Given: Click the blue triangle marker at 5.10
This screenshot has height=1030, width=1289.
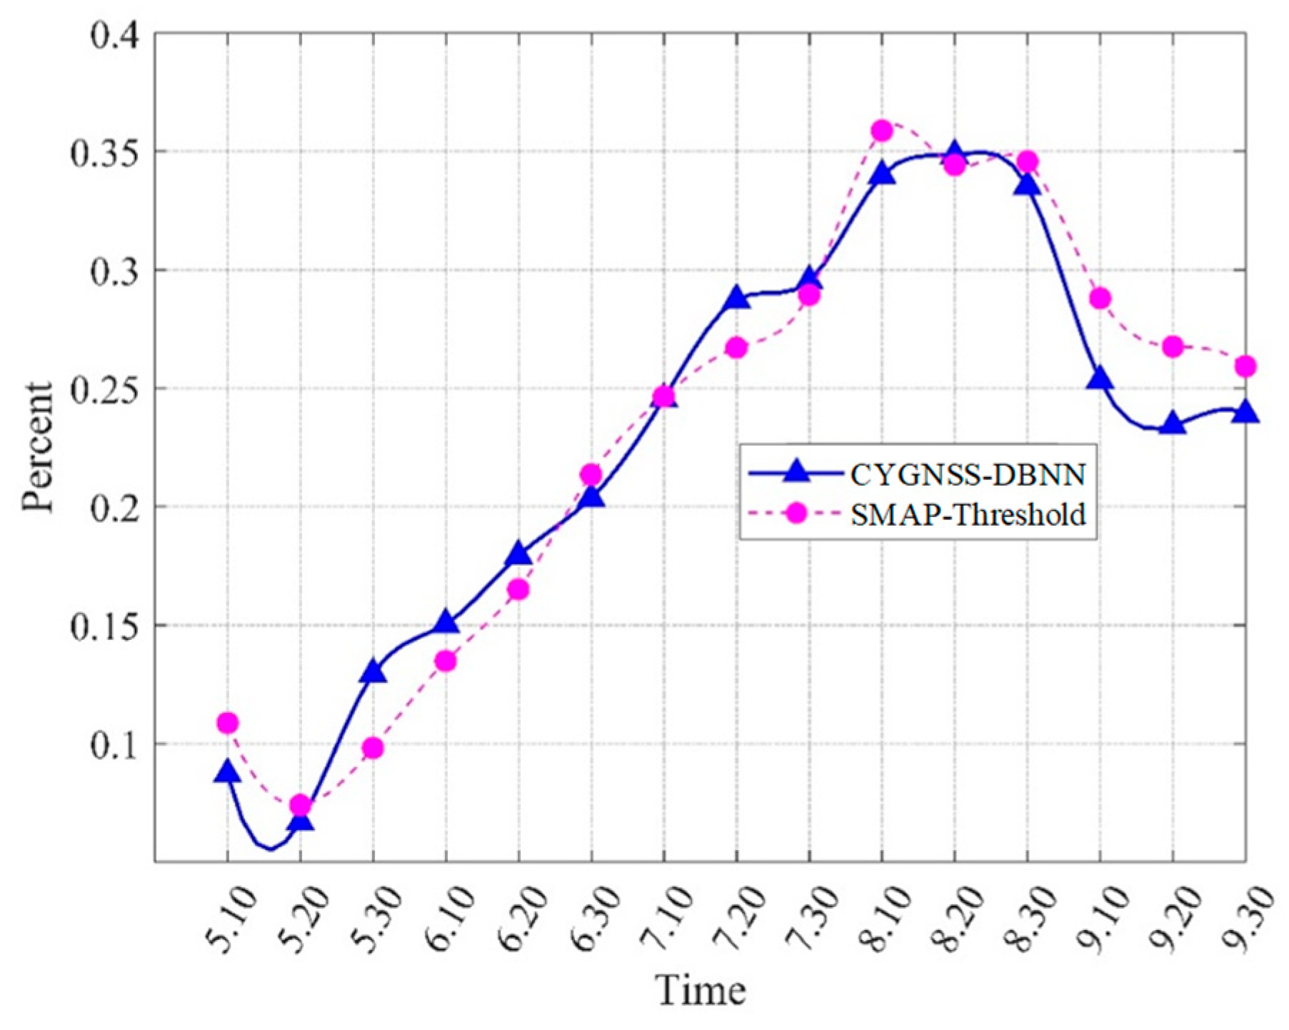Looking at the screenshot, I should [227, 771].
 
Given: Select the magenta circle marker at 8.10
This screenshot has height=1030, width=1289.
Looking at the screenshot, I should [882, 131].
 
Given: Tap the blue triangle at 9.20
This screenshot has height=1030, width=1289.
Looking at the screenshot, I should [1173, 424].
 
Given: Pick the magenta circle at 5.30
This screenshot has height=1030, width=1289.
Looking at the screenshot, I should [373, 749].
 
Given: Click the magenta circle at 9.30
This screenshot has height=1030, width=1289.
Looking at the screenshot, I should [1245, 366].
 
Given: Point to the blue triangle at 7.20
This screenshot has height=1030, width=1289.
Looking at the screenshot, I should [737, 298].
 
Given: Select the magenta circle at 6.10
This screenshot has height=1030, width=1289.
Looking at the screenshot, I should [446, 661].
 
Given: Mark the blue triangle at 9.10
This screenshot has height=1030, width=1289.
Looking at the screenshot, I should [1100, 379].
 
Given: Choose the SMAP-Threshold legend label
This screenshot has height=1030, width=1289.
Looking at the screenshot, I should [968, 514].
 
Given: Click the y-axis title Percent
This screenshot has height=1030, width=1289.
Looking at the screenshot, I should [37, 447].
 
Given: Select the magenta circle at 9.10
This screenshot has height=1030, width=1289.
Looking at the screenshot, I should [1100, 298].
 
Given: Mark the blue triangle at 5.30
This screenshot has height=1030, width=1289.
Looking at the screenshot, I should [373, 671].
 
